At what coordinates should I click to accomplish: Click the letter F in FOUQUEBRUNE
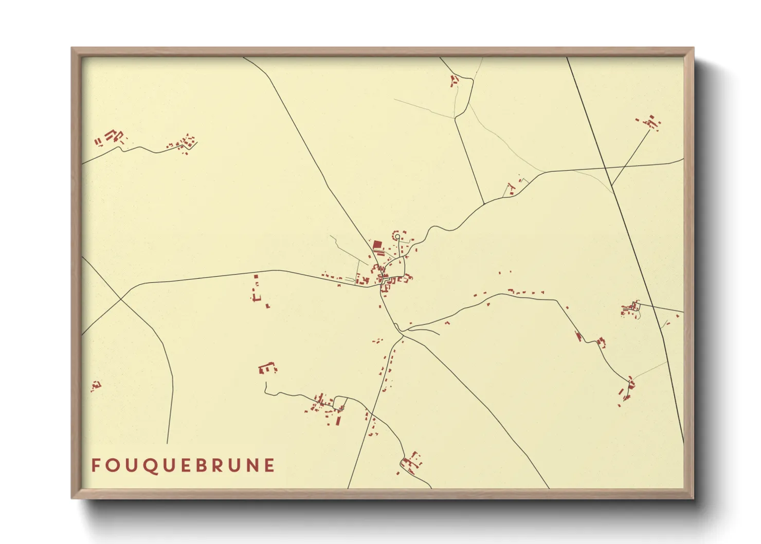point(95,465)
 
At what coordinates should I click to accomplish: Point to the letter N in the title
point(250,465)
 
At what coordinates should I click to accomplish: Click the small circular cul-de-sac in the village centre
point(397,237)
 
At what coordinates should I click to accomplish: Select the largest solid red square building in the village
point(377,245)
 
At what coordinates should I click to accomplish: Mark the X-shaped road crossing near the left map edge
point(120,299)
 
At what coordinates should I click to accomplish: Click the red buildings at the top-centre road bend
point(454,80)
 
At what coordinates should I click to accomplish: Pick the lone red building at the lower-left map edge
point(96,385)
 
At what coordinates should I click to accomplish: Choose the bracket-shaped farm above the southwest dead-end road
point(267,368)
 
